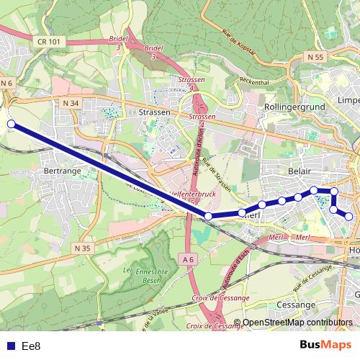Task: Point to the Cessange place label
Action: [x=292, y=305]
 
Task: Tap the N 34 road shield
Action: [x=70, y=104]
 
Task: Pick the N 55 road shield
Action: [x=313, y=56]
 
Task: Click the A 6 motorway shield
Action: [x=189, y=259]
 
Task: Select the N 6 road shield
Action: [x=7, y=84]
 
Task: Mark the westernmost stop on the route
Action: [x=11, y=124]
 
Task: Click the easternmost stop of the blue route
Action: [x=349, y=216]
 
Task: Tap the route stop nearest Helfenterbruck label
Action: [x=208, y=216]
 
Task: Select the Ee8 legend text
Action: [x=31, y=346]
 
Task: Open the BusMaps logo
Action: [x=325, y=345]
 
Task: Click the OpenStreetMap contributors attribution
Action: [x=297, y=323]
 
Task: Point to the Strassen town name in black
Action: [x=154, y=113]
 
